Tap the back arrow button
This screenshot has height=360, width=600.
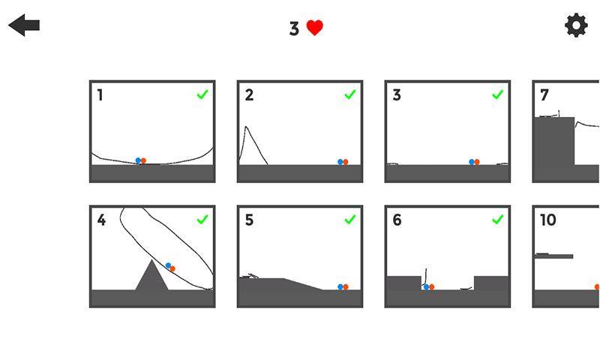click(x=24, y=25)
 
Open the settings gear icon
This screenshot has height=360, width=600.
click(x=576, y=25)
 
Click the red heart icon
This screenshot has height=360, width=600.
click(x=315, y=28)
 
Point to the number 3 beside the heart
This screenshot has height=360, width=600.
click(x=294, y=28)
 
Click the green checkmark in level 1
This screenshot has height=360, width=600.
click(x=202, y=94)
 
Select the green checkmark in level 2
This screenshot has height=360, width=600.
click(x=350, y=94)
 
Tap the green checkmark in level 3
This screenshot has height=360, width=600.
click(x=497, y=94)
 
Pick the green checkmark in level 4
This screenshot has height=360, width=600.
click(x=202, y=219)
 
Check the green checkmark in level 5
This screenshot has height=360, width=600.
click(x=350, y=219)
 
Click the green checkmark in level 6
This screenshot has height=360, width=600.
click(x=497, y=219)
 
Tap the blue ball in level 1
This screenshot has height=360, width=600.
click(x=138, y=160)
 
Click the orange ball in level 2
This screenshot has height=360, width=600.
click(x=346, y=162)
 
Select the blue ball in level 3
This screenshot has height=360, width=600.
click(x=472, y=162)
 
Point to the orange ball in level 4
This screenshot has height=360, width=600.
click(x=172, y=269)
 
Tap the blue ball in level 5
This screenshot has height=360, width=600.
click(x=340, y=287)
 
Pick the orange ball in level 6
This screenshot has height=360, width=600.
click(x=432, y=287)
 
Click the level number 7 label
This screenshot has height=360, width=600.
click(x=544, y=95)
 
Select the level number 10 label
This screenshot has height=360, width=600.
click(x=548, y=220)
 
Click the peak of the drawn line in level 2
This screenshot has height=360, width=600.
click(x=246, y=127)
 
